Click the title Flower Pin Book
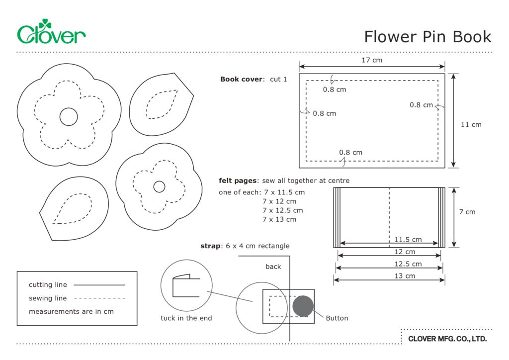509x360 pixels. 427,37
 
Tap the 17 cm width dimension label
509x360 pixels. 371,60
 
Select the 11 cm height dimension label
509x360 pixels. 471,124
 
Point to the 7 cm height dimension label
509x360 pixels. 467,212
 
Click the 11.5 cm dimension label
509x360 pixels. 408,240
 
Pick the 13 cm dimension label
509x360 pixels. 405,276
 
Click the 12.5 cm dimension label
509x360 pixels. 408,264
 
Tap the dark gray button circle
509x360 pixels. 303,306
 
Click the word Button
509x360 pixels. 337,318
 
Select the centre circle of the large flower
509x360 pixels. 69,116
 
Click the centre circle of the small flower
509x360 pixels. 159,186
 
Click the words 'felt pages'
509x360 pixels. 238,180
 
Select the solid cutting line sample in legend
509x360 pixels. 99,285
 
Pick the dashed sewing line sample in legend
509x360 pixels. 99,298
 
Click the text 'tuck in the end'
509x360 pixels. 186,318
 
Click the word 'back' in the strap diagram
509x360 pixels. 273,267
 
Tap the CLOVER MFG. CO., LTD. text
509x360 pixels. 447,339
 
